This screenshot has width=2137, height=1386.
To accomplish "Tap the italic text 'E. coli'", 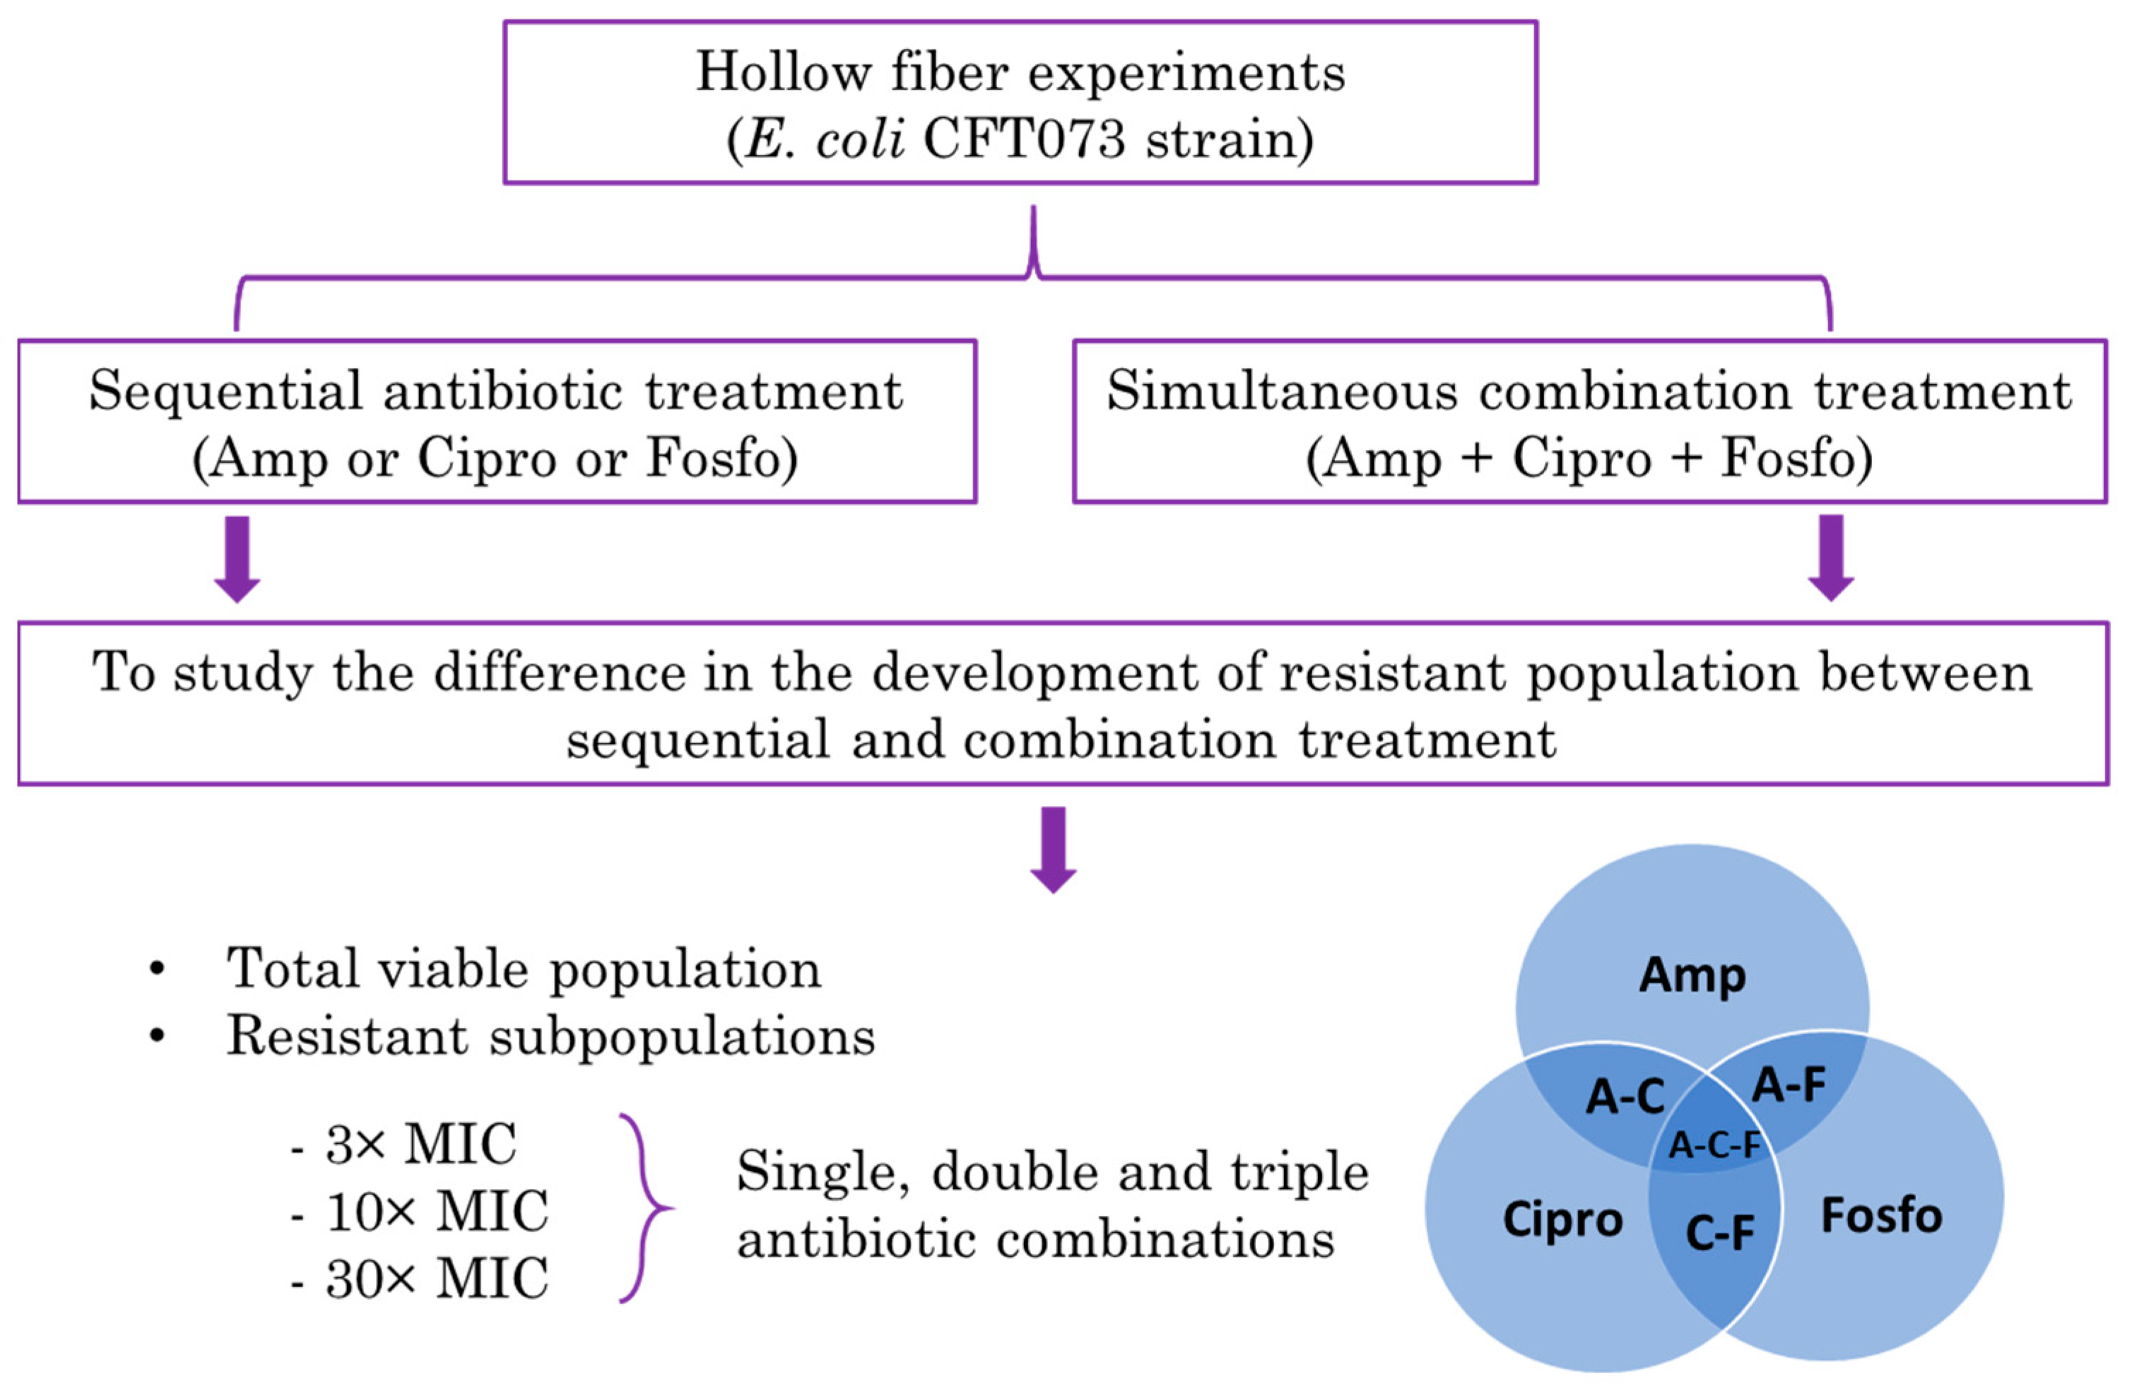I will point(824,140).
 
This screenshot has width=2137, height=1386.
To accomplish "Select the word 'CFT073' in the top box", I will point(1023,140).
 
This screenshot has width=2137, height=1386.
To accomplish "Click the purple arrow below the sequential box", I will point(237,558).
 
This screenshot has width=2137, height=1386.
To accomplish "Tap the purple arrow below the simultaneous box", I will point(1831,557).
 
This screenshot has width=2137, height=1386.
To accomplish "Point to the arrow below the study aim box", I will point(1053,848).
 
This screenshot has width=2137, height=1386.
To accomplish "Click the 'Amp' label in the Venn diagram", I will point(1692,975).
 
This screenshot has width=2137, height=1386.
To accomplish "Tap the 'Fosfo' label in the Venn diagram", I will point(1881,1216).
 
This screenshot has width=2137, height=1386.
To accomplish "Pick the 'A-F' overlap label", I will point(1789,1084).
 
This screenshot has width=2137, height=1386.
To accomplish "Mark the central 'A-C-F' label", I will point(1714,1145).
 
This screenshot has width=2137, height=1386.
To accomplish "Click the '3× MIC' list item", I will point(420,1144).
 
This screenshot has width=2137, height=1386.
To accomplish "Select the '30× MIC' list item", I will point(437,1279).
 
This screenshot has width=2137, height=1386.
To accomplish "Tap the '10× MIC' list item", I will point(437,1212).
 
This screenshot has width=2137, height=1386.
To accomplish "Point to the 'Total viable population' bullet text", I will point(524,969).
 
